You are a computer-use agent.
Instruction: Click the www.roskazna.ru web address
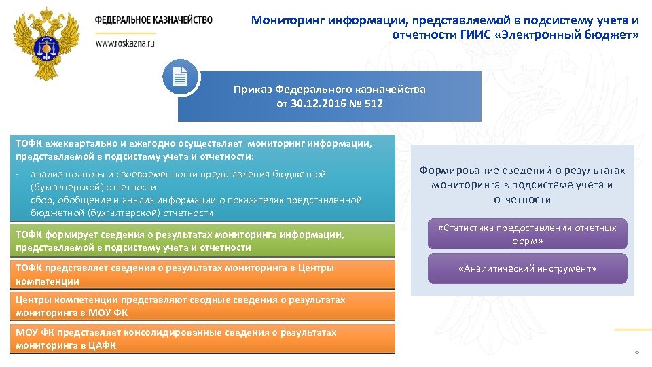click(x=125, y=43)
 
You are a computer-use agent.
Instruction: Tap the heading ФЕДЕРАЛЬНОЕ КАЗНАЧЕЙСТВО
click(x=153, y=20)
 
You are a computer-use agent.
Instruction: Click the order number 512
click(x=372, y=104)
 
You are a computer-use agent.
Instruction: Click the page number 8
click(x=636, y=351)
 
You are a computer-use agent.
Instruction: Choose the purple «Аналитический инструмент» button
click(x=527, y=269)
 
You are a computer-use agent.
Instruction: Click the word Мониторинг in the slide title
click(x=288, y=20)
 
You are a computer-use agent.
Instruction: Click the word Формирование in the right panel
click(x=452, y=171)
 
